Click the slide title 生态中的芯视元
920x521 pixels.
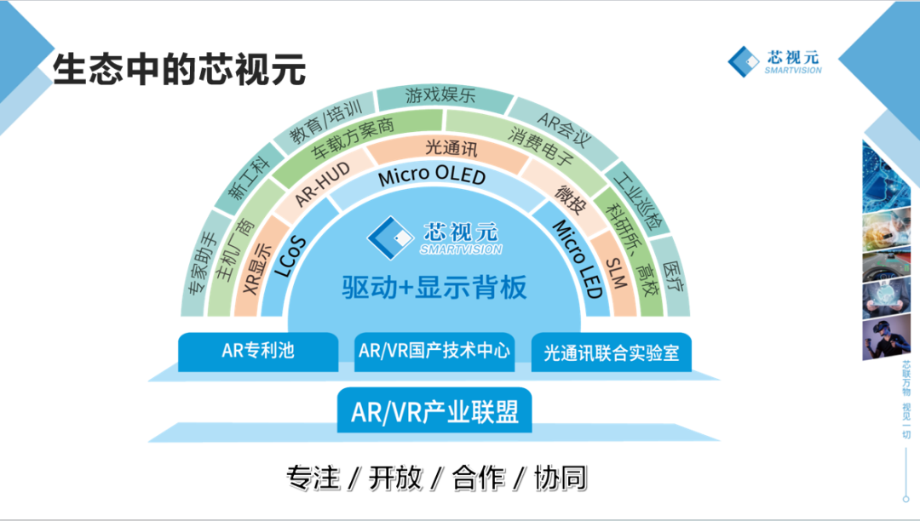pos(180,69)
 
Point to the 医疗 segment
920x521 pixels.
pos(672,277)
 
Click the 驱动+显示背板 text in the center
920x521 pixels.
pos(434,288)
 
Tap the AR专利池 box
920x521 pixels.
pos(258,352)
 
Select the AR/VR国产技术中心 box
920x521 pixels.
pos(434,352)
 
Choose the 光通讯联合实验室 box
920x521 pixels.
pos(612,352)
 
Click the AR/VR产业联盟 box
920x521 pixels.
pos(434,411)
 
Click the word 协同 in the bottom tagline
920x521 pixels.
pos(561,478)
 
